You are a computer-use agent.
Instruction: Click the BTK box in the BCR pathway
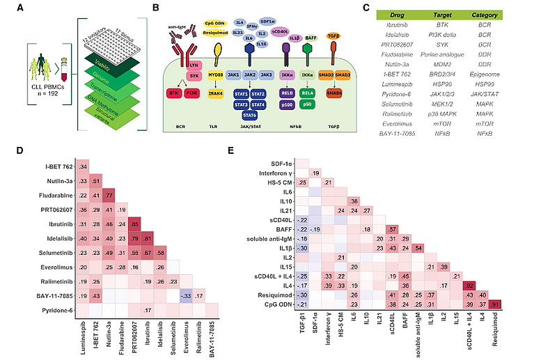tap(174, 93)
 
